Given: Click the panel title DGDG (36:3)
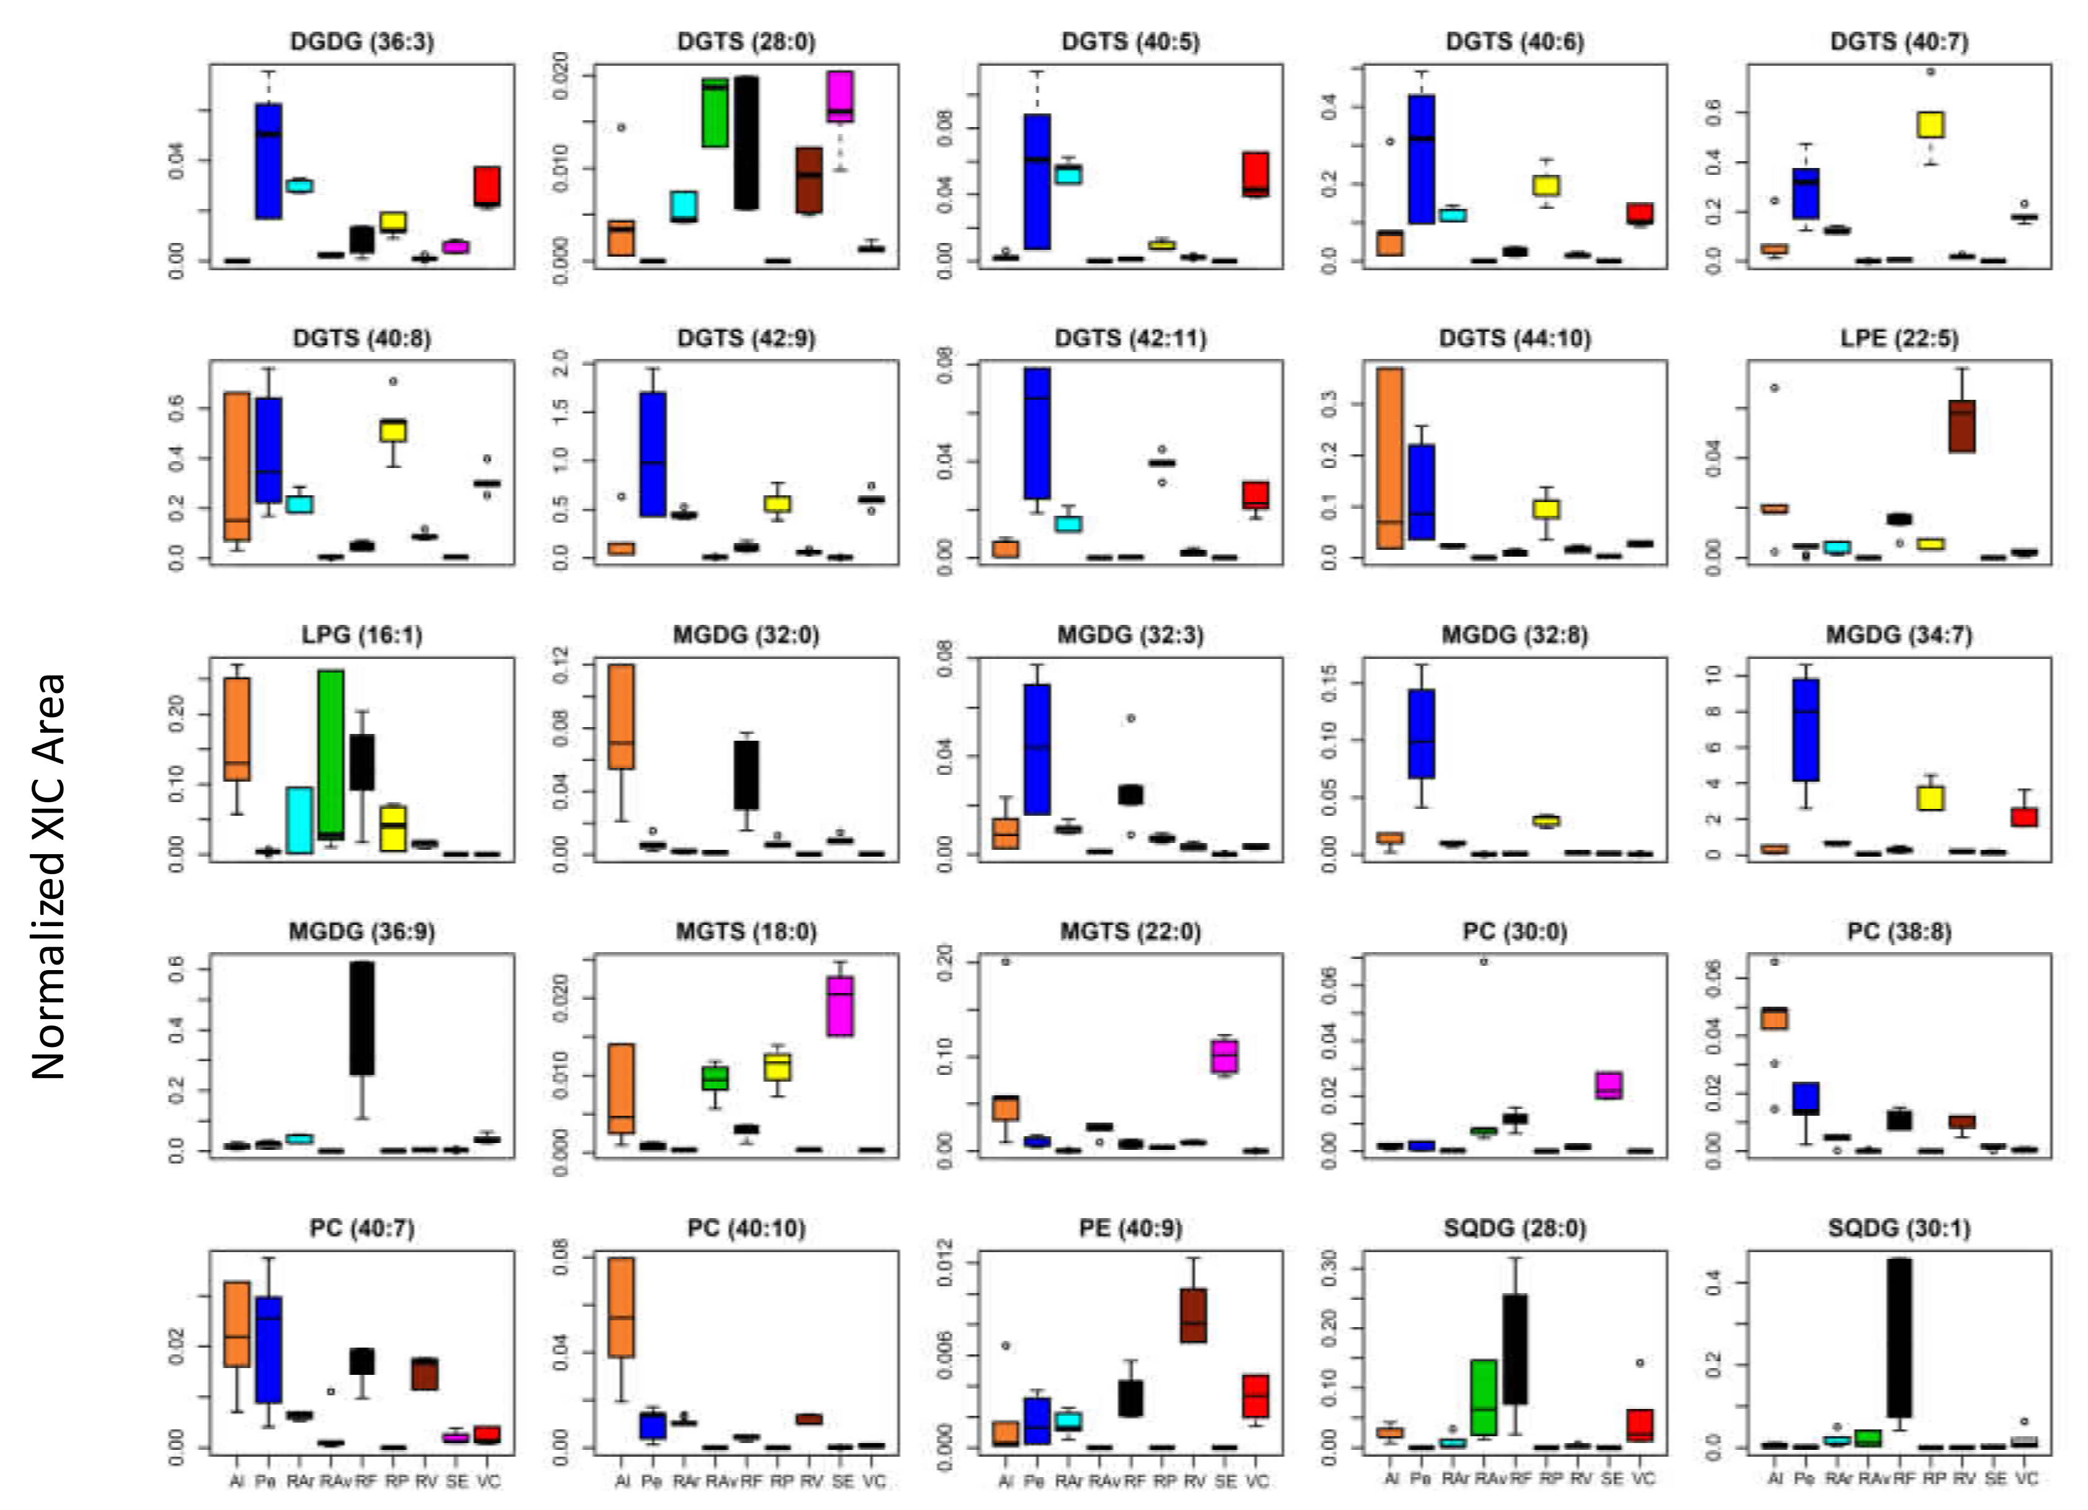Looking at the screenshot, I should (362, 42).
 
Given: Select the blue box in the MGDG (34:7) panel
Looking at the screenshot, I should (1805, 729).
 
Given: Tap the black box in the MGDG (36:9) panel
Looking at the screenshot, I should (363, 1017).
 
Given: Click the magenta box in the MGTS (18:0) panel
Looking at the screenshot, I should (839, 1005).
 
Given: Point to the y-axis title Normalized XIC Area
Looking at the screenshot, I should (48, 875).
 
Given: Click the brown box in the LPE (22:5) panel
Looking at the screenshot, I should (1962, 425).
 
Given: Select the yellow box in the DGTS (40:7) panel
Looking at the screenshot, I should (1931, 125).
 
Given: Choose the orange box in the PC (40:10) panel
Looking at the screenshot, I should (621, 1307).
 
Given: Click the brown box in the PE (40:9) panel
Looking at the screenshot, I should (1194, 1315).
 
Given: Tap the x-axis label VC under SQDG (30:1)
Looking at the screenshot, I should (2025, 1478).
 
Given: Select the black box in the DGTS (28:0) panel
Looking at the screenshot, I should (746, 143).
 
